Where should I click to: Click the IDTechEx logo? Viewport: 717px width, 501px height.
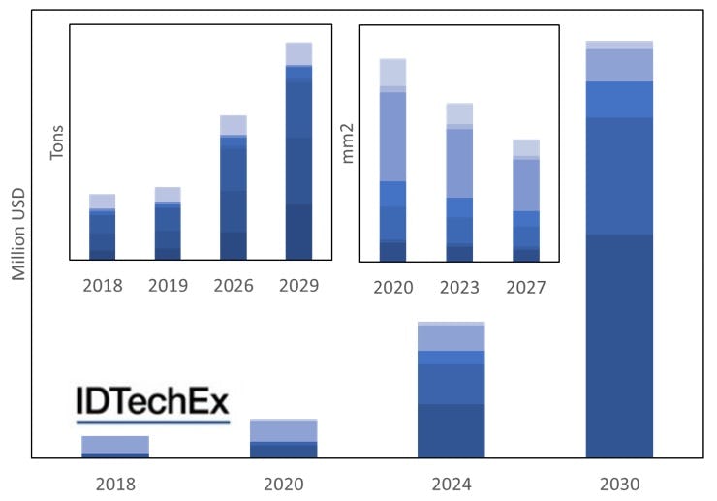point(153,404)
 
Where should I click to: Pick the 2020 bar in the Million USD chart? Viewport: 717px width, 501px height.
point(284,438)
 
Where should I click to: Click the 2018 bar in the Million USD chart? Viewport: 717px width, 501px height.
point(115,447)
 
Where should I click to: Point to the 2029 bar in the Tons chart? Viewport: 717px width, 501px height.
point(298,151)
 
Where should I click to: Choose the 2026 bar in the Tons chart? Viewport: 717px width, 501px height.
point(234,188)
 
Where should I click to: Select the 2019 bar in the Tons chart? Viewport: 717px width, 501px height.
point(168,224)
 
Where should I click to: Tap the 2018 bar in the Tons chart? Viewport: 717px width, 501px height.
point(103,228)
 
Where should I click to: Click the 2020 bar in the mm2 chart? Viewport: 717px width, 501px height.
point(392,161)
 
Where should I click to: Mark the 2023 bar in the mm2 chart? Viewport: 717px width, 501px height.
point(459,183)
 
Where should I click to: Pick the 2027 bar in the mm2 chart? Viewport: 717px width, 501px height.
point(526,202)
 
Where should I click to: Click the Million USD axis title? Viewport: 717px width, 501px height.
point(18,233)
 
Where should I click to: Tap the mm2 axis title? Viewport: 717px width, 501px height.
point(350,142)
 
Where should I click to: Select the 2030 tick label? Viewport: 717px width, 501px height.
point(619,484)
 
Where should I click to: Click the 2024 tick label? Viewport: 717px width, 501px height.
point(451,484)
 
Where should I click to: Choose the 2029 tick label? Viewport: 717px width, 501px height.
point(298,286)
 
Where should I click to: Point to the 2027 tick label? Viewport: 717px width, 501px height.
point(526,288)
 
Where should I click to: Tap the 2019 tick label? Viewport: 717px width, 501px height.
point(168,286)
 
